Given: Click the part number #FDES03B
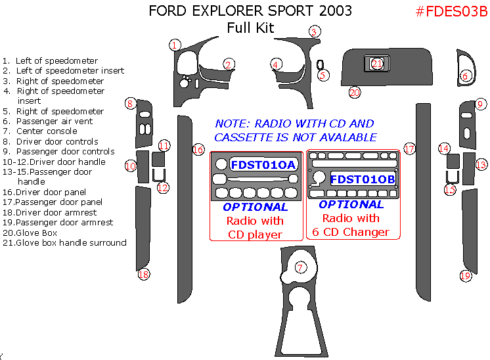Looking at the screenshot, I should click(x=453, y=12).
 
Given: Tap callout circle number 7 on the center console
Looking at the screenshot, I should click(x=300, y=267).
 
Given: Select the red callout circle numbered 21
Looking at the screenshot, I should click(x=377, y=63).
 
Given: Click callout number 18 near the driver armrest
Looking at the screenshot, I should click(x=143, y=275).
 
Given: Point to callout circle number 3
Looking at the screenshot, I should click(x=315, y=32).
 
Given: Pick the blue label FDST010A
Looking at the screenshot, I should click(x=263, y=164).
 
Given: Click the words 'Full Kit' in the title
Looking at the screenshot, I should click(x=250, y=28).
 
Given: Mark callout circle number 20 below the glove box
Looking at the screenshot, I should click(x=355, y=93).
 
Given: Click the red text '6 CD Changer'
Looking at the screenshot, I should click(x=351, y=232).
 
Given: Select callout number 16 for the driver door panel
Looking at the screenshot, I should click(x=198, y=150).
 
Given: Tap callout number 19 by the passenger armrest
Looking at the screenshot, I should click(x=465, y=276).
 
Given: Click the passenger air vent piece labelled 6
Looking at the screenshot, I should click(x=467, y=70).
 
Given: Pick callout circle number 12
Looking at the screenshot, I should click(x=162, y=188).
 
